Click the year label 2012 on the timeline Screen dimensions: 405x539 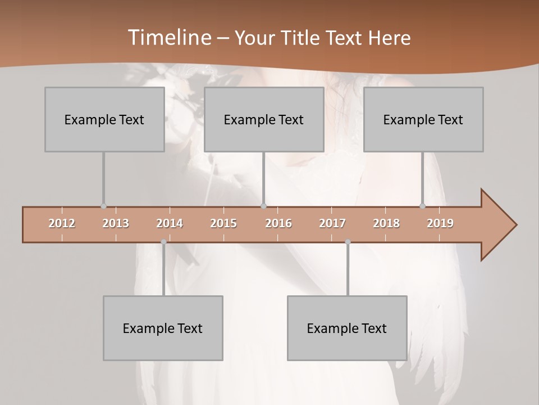coord(62,223)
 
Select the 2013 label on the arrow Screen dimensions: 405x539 coord(116,223)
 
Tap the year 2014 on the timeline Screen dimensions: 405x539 coord(170,223)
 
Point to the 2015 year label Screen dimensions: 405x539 coord(223,223)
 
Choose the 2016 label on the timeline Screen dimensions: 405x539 coord(278,223)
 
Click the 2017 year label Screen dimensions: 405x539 coord(332,223)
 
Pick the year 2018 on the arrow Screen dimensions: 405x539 coord(386,223)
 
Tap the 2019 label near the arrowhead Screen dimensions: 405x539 coord(440,223)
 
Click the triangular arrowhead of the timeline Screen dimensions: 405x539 coord(497,225)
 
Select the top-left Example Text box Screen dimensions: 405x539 coord(104,119)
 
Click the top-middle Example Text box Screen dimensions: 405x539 coord(264,119)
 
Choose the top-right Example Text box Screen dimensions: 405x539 coord(423,119)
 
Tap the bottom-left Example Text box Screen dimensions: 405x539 coord(163,328)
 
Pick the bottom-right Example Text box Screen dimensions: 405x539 coord(347,328)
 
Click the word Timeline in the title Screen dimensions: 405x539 coord(168,38)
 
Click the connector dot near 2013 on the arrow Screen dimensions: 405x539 coord(103,206)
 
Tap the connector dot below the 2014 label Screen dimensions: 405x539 coord(163,242)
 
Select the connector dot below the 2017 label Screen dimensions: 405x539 coord(348,242)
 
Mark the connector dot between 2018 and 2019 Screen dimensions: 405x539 coord(423,206)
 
